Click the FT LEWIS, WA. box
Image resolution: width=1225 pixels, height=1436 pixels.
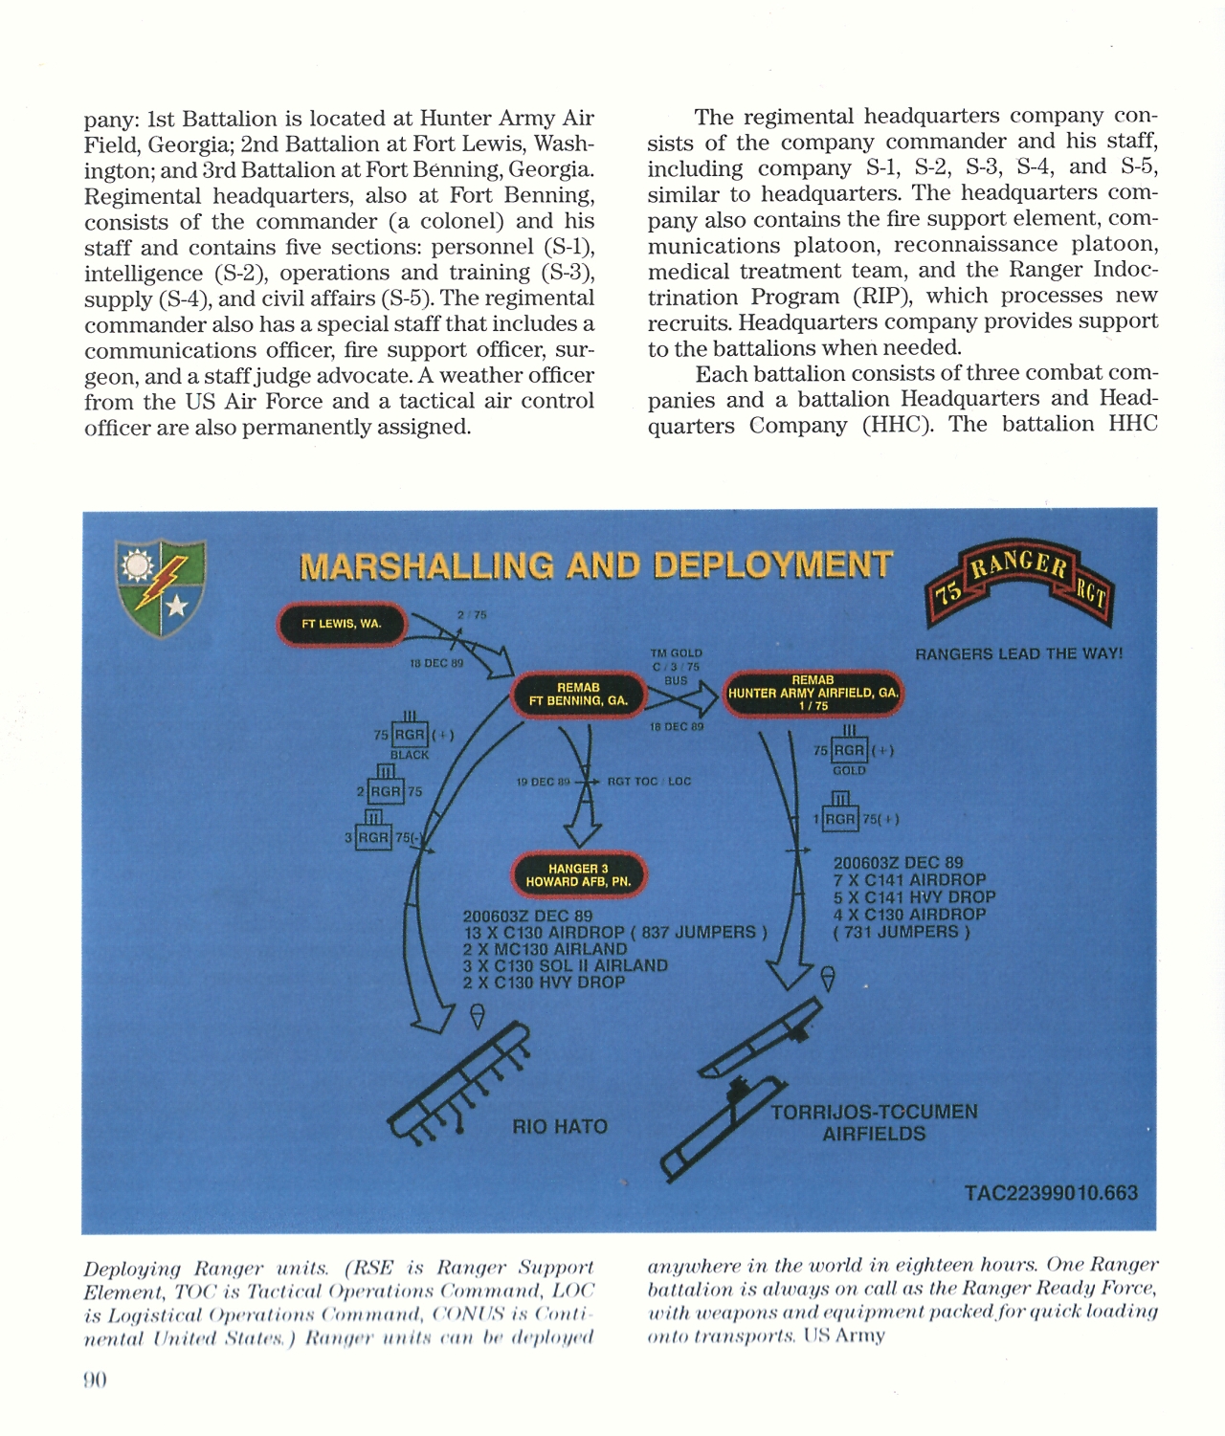click(342, 624)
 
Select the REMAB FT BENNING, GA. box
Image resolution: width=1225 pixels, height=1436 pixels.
click(578, 695)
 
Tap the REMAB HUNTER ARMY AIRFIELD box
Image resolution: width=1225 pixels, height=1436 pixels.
click(813, 693)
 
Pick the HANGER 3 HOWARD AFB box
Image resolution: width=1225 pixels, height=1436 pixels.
click(578, 875)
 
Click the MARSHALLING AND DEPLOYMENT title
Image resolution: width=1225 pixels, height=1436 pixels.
click(596, 566)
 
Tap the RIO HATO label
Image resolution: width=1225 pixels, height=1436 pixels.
click(560, 1127)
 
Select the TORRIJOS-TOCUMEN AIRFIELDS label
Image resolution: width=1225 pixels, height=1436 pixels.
click(874, 1123)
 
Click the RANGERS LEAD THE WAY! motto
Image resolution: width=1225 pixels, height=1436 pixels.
click(1018, 654)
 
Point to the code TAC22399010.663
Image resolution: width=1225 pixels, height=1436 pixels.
click(1051, 1193)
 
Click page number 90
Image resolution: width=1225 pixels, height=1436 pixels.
click(95, 1380)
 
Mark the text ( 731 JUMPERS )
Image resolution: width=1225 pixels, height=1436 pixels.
click(901, 932)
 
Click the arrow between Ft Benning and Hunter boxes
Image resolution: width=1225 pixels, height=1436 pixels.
click(682, 700)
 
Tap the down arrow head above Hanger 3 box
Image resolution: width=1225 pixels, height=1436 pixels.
click(581, 835)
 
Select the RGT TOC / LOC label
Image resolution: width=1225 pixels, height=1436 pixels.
click(649, 782)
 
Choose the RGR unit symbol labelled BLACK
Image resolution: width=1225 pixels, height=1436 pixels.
click(410, 734)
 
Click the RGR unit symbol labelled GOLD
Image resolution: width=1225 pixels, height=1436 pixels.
click(849, 750)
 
